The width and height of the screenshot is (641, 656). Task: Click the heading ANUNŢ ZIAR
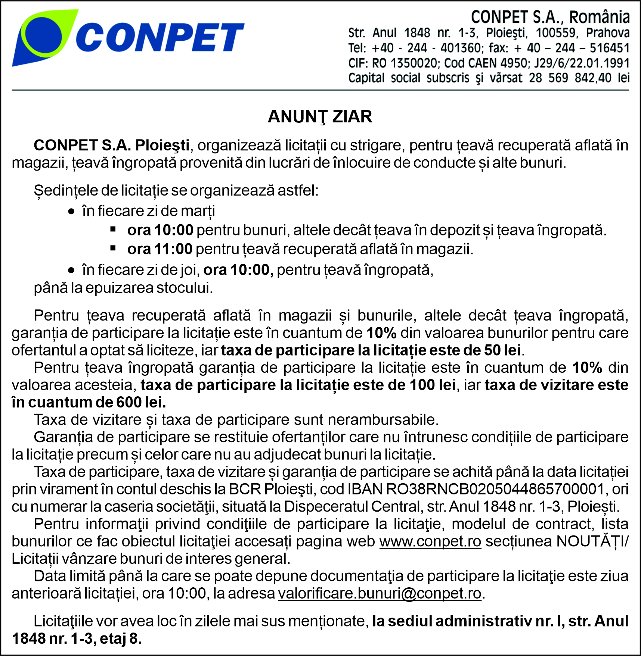(320, 117)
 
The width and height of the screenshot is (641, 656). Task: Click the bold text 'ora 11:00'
(160, 249)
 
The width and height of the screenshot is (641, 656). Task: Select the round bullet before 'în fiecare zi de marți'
(71, 212)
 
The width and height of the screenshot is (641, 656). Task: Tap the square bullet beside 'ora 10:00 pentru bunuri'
(113, 229)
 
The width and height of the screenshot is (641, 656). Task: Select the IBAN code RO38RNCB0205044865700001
(495, 489)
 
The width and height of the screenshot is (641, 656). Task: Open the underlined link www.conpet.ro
(430, 541)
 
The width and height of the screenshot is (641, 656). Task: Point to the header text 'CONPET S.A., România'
(550, 17)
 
